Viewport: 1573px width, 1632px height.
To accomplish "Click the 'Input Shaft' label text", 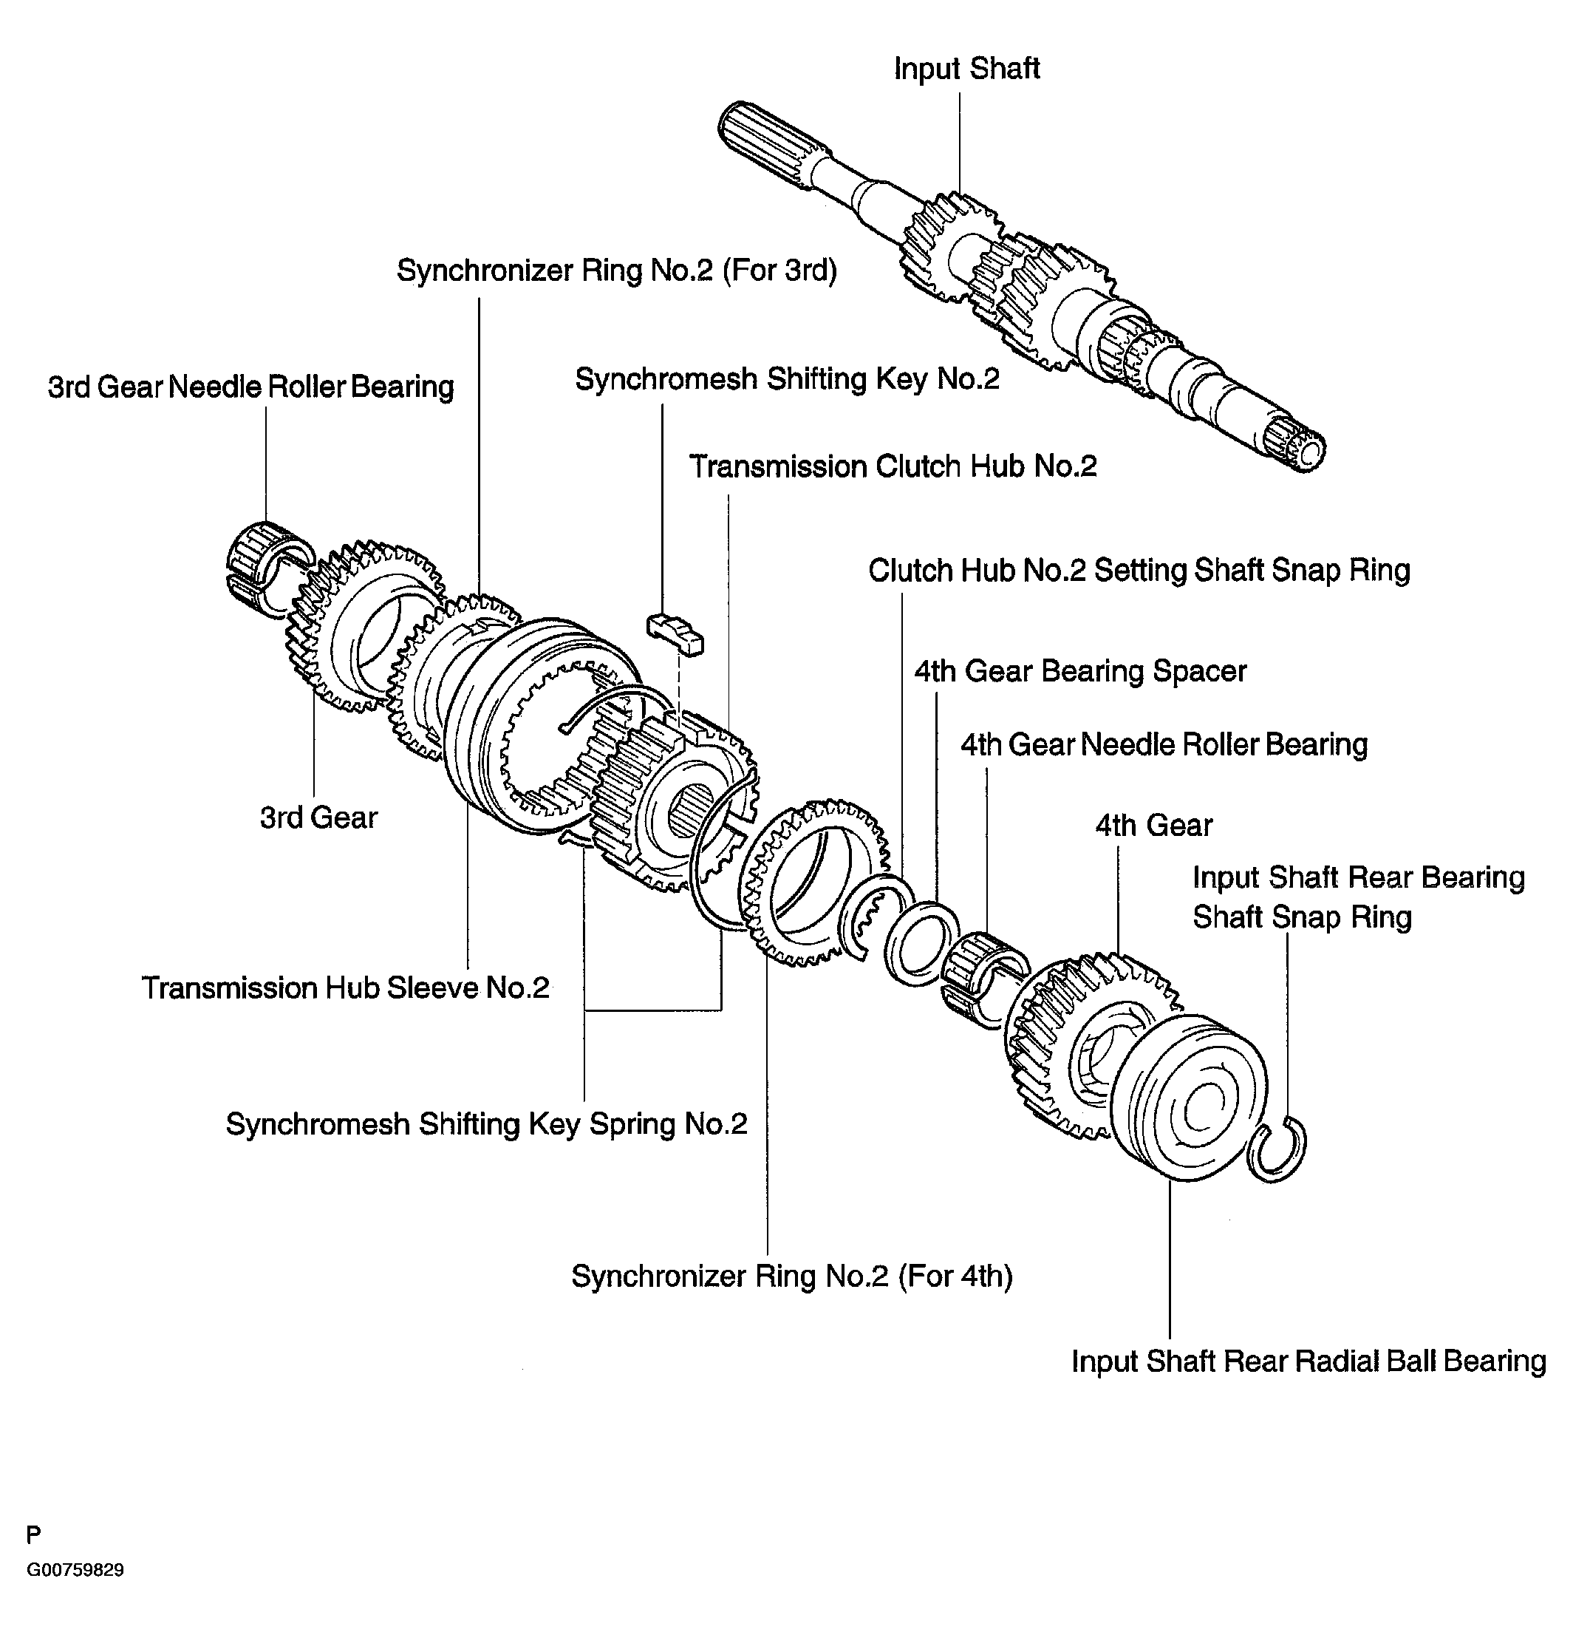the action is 966,68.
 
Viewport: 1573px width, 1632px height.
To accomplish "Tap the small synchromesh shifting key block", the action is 675,634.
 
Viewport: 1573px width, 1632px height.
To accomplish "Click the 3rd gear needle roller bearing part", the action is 268,570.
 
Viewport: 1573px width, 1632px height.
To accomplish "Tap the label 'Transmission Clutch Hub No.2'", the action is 893,466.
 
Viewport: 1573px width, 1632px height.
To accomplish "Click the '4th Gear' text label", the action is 1153,825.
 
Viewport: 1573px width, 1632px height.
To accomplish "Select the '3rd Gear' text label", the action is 318,817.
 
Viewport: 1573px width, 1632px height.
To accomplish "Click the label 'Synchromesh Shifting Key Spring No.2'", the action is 487,1124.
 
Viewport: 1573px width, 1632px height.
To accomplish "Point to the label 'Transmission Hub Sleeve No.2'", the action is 345,987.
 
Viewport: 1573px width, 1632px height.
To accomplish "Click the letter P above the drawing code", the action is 33,1534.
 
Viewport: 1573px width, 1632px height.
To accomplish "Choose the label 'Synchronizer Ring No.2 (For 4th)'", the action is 791,1276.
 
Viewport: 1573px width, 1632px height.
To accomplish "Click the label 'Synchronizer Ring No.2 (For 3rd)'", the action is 617,271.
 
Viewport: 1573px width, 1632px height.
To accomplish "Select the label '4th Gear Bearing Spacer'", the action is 1080,671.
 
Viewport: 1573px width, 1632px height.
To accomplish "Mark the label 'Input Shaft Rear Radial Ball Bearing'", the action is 1308,1361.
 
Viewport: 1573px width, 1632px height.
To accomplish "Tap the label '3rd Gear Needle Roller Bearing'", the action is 250,387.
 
